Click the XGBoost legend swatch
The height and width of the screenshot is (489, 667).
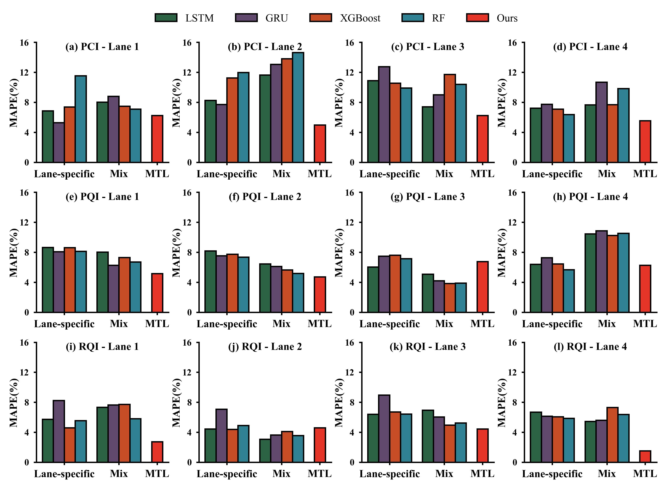pos(321,18)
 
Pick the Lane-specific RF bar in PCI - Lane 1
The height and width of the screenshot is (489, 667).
pos(81,119)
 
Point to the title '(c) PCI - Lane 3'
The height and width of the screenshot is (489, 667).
pos(428,47)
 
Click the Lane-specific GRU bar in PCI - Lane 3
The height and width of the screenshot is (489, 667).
pos(384,114)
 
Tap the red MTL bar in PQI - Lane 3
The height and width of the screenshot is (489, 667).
pos(483,287)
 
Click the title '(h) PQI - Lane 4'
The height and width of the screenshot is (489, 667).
pos(590,197)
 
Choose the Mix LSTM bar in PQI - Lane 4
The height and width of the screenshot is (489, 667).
pos(590,273)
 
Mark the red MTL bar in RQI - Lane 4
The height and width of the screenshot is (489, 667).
pos(645,456)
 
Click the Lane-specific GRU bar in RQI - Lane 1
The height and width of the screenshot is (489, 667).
pos(59,431)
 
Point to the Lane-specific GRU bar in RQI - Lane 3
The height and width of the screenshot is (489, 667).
pos(384,428)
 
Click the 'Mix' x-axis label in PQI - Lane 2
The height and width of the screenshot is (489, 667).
pos(281,324)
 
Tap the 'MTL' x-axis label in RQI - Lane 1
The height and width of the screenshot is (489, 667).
pos(157,474)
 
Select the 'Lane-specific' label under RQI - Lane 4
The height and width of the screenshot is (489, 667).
pos(552,474)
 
